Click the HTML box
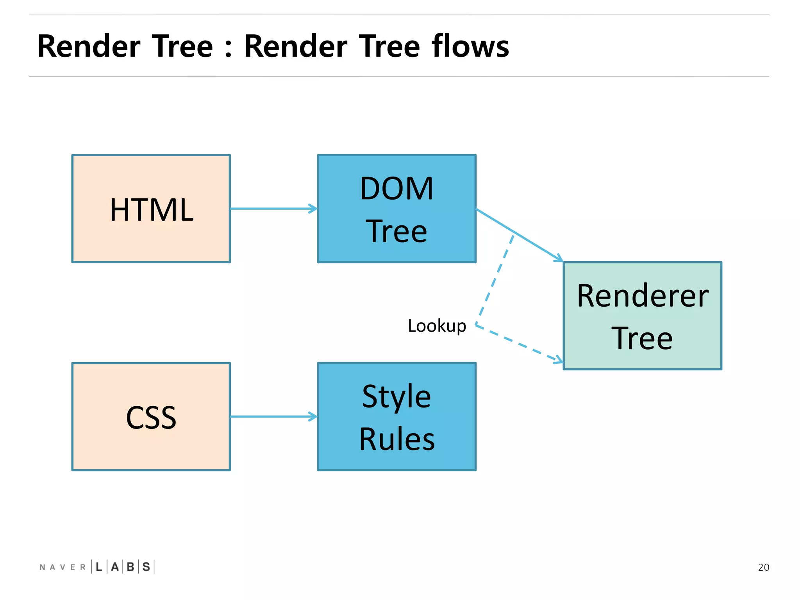[x=151, y=209]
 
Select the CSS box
[x=151, y=416]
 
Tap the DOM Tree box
[x=396, y=209]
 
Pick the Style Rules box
[x=396, y=416]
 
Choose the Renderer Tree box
[x=642, y=316]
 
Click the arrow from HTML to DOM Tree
[x=273, y=209]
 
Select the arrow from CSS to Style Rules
[x=273, y=416]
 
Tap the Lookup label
[x=437, y=326]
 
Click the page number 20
[x=763, y=567]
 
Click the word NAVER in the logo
[x=62, y=567]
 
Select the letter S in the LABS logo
[x=146, y=567]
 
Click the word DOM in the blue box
[x=396, y=189]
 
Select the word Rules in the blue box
[x=396, y=439]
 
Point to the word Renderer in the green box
[x=642, y=296]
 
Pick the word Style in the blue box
[x=396, y=396]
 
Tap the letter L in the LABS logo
[x=99, y=567]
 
